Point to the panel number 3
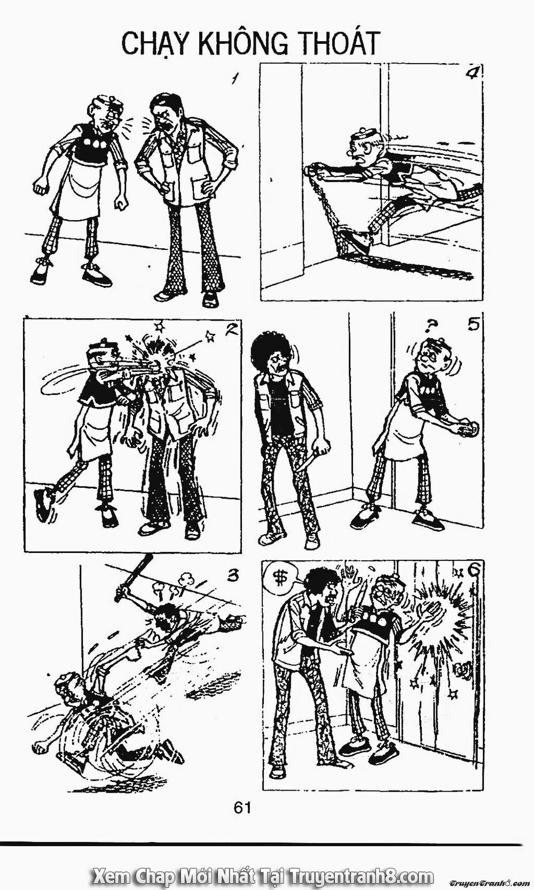tap(230, 576)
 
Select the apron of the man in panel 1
tap(75, 184)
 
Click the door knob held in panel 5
tap(469, 427)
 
